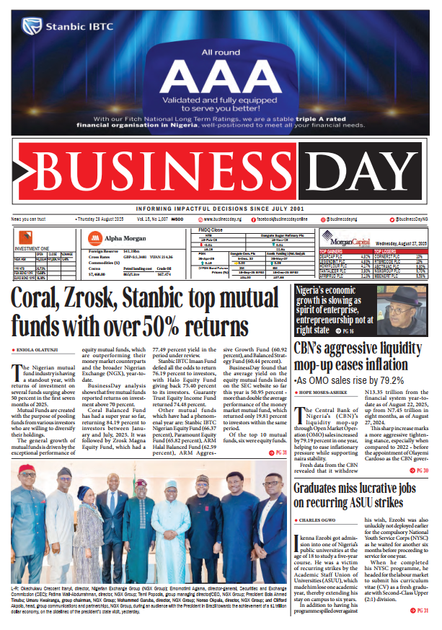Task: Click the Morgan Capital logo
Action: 338,237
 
